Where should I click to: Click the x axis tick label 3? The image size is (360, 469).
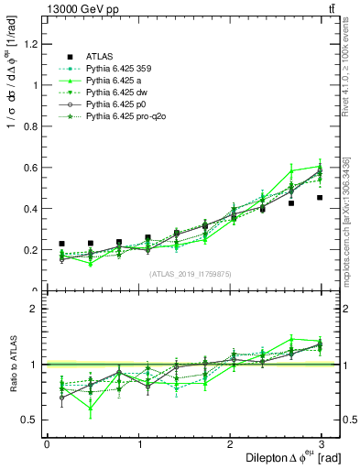coord(322,444)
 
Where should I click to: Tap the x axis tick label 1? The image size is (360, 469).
coord(138,444)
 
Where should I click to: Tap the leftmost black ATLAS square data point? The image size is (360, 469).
coord(61,244)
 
